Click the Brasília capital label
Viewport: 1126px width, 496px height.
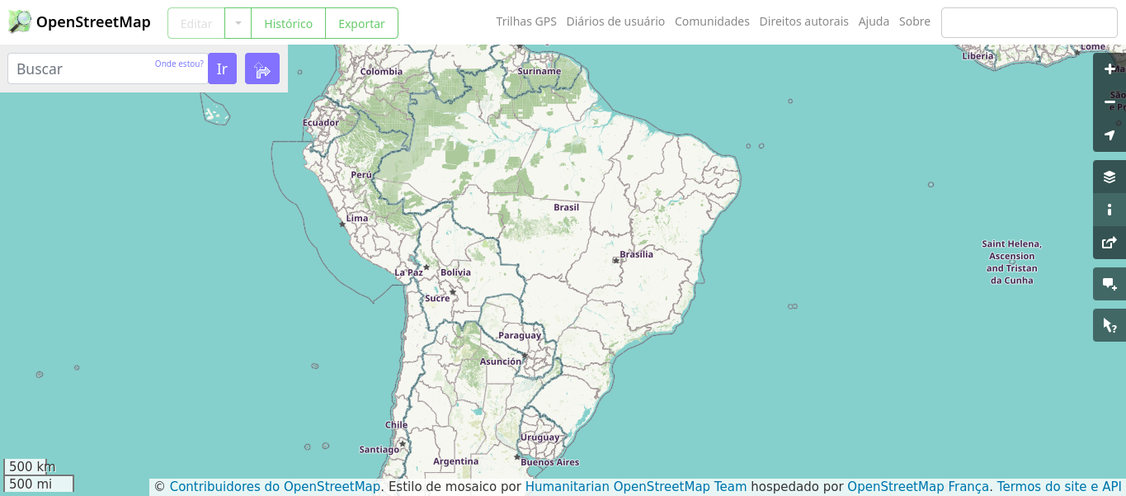click(x=636, y=254)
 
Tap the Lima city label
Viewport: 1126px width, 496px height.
click(x=357, y=218)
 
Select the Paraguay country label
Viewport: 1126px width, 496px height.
click(x=520, y=335)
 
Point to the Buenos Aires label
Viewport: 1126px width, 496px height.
click(x=549, y=462)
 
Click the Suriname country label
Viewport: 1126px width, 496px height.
click(x=539, y=71)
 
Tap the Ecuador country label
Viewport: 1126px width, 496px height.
click(x=321, y=123)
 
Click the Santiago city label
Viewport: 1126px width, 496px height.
click(x=379, y=450)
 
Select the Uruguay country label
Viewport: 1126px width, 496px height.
click(x=539, y=437)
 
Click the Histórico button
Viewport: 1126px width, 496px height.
click(x=288, y=23)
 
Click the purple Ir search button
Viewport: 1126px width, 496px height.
click(x=222, y=68)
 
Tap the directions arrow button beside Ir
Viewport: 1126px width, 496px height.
click(x=262, y=68)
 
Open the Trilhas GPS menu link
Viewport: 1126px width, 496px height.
click(x=526, y=21)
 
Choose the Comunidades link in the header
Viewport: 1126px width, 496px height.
click(x=712, y=21)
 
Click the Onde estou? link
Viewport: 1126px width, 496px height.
click(x=179, y=64)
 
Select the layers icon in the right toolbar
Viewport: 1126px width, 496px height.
click(x=1110, y=177)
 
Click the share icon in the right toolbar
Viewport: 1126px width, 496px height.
click(x=1110, y=243)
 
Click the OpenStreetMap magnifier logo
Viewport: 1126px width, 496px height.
click(x=20, y=22)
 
